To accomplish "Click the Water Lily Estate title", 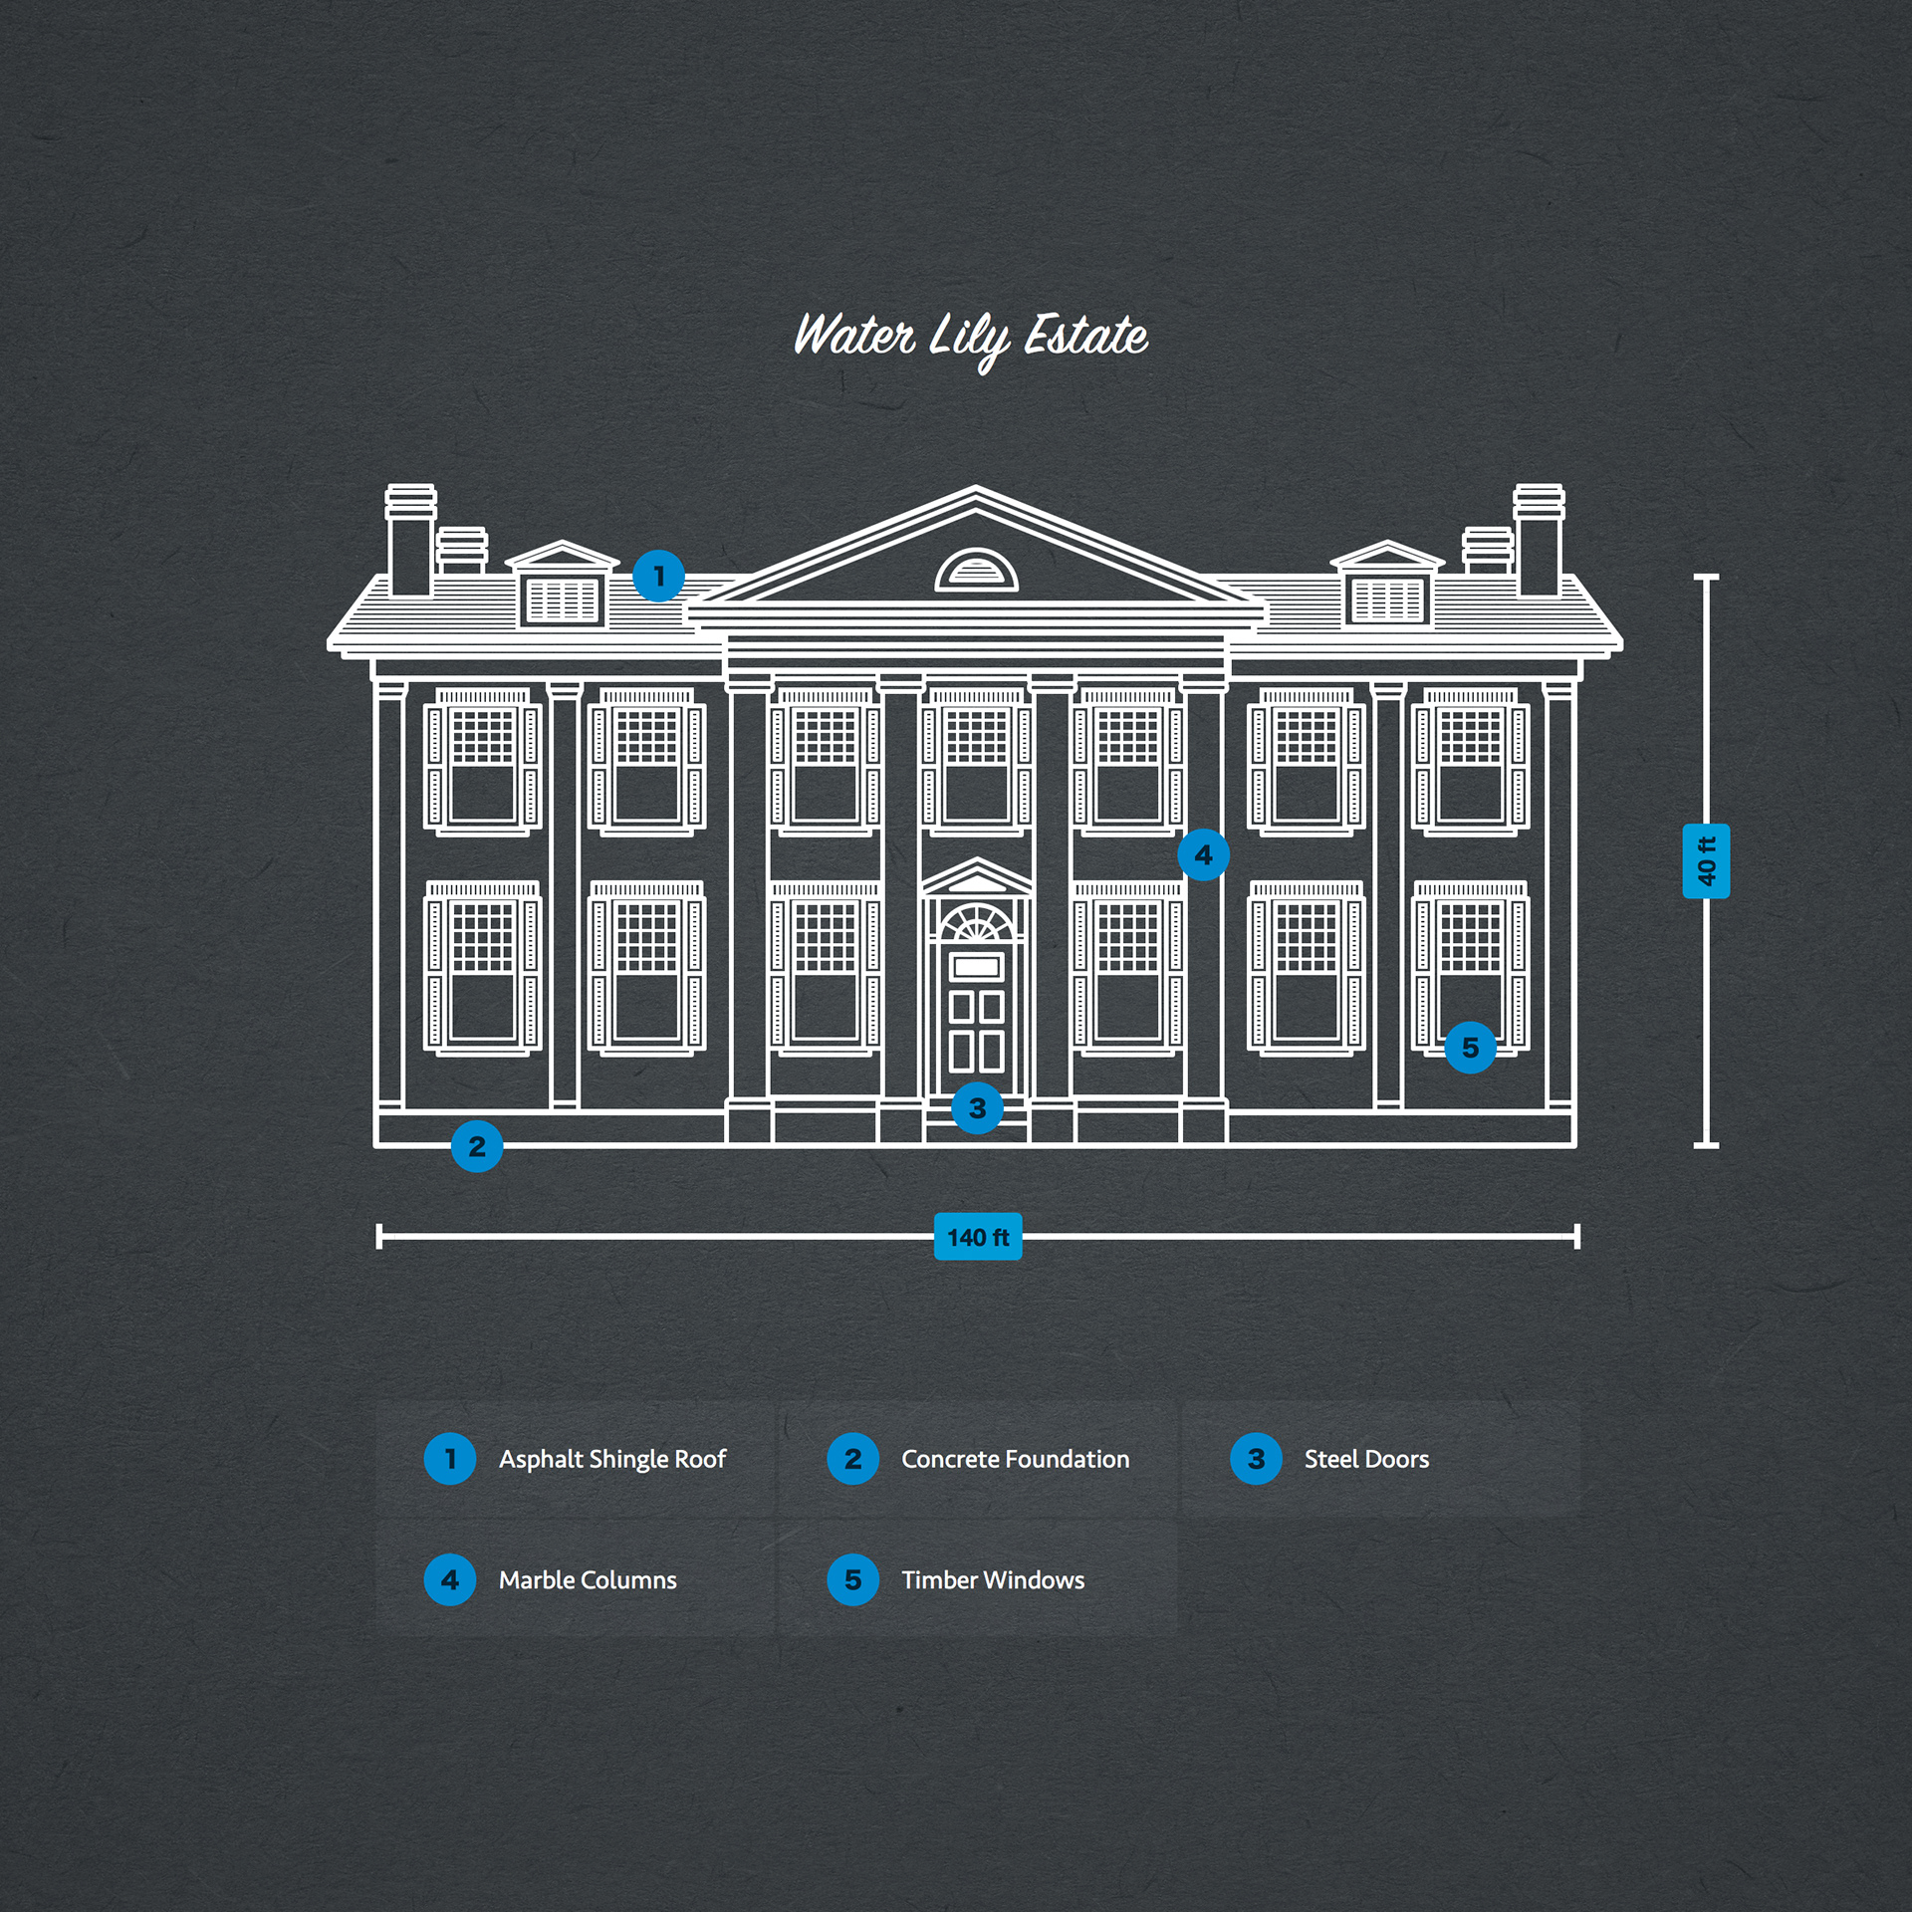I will pos(971,338).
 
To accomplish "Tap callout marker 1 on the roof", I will pos(658,576).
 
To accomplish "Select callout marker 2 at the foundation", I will pos(477,1146).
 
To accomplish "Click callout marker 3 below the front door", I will pos(977,1107).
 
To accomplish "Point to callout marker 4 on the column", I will pos(1203,854).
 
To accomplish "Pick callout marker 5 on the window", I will pos(1470,1048).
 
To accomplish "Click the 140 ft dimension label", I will pos(978,1237).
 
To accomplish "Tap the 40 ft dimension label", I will pos(1706,861).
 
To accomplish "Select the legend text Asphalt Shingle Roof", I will pos(612,1459).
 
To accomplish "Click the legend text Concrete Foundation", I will pos(1015,1459).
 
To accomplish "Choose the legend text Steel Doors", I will pos(1366,1459).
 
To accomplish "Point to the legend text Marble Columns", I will pos(588,1579).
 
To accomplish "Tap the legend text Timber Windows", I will pos(993,1579).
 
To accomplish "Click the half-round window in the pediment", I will pos(977,571).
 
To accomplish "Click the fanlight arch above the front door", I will pos(977,924).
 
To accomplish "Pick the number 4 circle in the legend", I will pos(450,1579).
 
